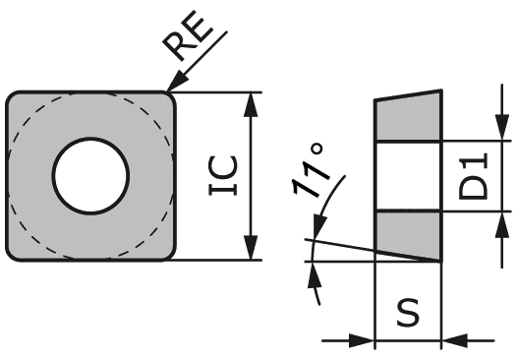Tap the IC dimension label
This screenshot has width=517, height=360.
225,177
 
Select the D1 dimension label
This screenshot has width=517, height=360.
477,177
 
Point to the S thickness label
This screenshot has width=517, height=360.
408,313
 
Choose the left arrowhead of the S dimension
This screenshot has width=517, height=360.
366,341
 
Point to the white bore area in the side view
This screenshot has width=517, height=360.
408,177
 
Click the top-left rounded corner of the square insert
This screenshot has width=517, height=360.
14,99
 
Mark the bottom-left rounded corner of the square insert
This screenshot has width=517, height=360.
14,254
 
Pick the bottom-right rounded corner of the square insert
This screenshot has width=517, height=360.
170,254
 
